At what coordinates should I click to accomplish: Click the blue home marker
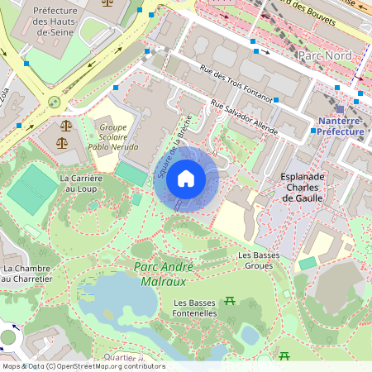click(186, 179)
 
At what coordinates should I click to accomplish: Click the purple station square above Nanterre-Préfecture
click(340, 109)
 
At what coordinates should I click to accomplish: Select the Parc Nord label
click(324, 55)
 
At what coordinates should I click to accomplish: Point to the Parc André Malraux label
click(164, 274)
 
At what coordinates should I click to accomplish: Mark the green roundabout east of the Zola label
click(55, 102)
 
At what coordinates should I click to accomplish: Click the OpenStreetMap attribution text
click(83, 366)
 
